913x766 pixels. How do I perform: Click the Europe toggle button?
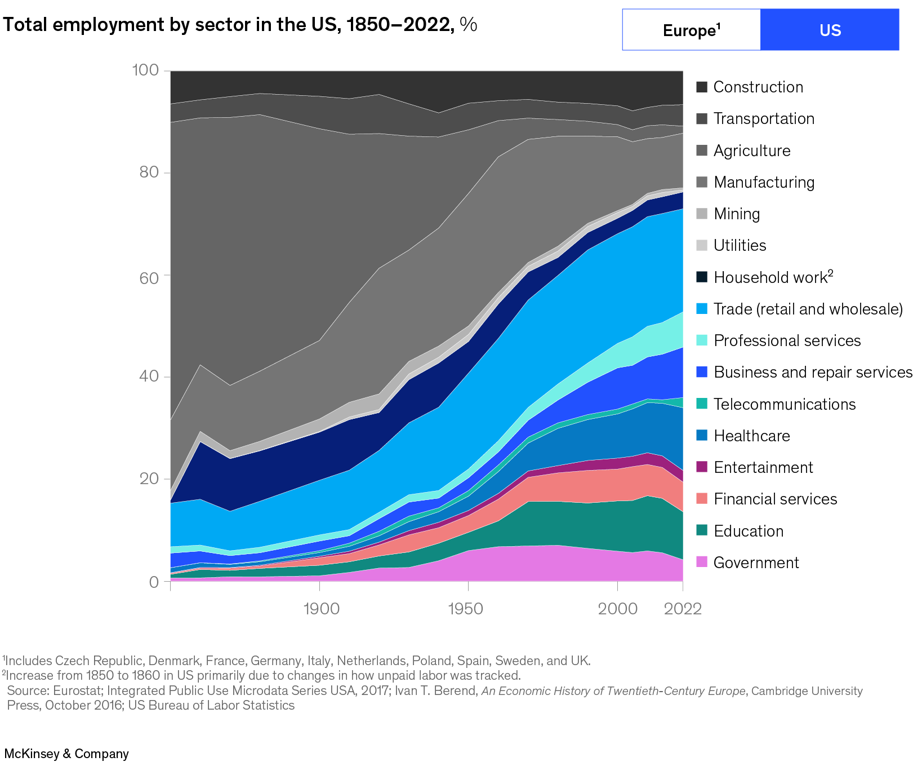[x=691, y=30]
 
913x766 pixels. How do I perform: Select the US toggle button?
[x=830, y=30]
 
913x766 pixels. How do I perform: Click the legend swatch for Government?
[x=701, y=562]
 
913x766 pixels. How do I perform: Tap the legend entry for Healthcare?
[x=751, y=436]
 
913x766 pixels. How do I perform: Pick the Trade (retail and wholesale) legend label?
[x=808, y=309]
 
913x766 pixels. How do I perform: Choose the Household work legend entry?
[x=772, y=277]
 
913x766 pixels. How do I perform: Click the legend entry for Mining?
[x=736, y=214]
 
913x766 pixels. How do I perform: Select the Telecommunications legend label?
[x=784, y=404]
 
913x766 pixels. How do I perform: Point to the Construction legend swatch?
[x=701, y=87]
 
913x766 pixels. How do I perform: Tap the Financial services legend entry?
[x=775, y=499]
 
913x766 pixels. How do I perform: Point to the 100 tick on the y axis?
[x=145, y=70]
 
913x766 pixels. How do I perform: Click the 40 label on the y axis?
[x=149, y=376]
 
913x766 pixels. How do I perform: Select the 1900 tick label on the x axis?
[x=321, y=609]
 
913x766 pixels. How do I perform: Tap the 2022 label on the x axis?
[x=683, y=609]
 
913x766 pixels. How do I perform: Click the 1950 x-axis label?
[x=465, y=609]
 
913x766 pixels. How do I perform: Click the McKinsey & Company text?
[x=66, y=754]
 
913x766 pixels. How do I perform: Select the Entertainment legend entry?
[x=763, y=467]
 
